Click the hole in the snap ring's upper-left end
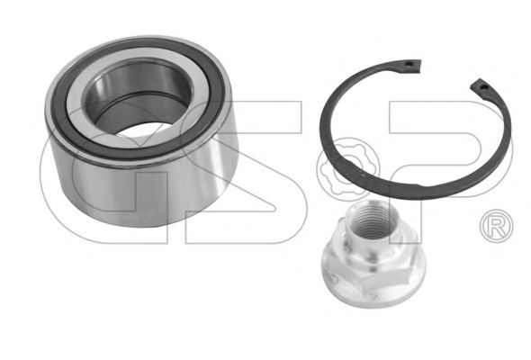[409, 64]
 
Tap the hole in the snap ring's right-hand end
[484, 87]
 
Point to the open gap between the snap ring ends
[446, 74]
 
